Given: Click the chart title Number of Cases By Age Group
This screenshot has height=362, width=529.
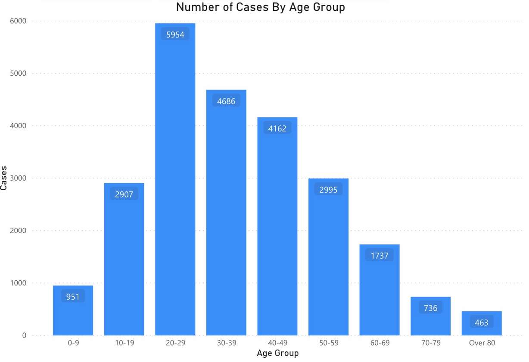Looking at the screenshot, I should point(260,7).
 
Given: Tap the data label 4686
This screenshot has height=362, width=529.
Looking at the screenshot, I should point(226,102).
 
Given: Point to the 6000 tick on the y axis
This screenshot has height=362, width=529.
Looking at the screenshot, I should point(18,21).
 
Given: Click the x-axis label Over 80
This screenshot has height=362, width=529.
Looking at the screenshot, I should point(482,343).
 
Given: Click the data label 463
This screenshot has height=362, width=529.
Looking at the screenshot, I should point(481,322).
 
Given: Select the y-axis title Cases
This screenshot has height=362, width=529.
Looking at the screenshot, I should point(4,178).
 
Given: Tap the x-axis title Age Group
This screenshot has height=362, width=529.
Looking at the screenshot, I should point(277,353).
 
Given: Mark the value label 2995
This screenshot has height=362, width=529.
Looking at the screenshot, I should point(328,190).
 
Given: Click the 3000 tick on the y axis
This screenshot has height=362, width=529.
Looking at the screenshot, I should point(18,178).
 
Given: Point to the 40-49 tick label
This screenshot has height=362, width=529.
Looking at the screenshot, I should point(277,343).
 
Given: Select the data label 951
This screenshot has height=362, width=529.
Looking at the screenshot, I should point(73,297).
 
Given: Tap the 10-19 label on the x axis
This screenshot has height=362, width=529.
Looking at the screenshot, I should point(124,343).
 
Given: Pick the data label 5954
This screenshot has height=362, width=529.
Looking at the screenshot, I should point(175,35).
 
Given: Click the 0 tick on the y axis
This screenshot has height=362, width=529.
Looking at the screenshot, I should point(24,335).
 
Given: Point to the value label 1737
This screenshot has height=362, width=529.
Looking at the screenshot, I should point(379,256).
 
